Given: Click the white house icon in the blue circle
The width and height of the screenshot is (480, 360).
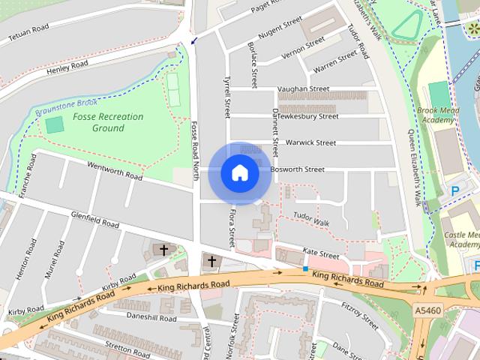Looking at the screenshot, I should point(240,173).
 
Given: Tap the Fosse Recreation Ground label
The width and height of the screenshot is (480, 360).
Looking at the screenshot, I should point(98,122).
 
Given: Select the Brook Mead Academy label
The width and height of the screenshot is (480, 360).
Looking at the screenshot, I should point(439,114).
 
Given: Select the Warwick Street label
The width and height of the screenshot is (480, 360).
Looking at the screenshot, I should point(311,142).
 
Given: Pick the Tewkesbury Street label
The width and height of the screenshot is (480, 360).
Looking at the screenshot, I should point(308,116).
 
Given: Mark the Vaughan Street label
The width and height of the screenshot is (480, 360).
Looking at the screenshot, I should point(303,88).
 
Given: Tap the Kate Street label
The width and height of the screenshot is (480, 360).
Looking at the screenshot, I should point(316,251).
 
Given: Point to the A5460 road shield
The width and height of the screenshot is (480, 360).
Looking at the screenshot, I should point(427,308).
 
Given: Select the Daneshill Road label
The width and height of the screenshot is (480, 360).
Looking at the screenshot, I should point(151,318).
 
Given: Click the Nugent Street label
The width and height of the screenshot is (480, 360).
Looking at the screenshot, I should point(279,27).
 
